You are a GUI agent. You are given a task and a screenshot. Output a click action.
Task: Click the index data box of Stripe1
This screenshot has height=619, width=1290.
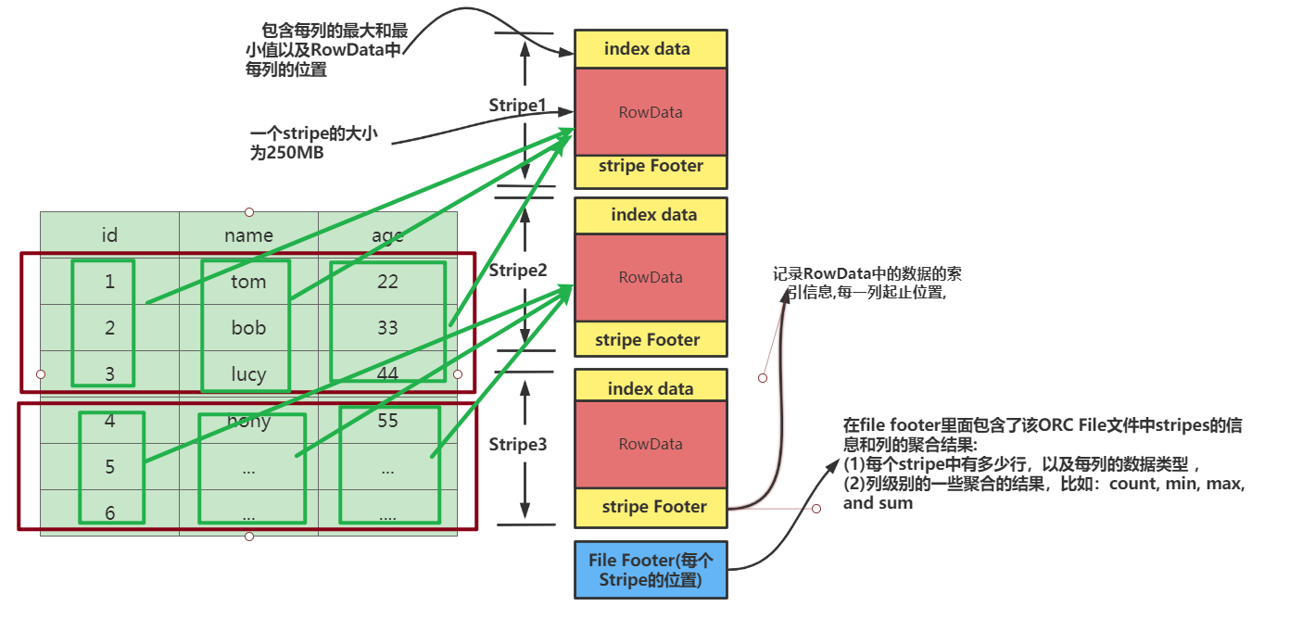tap(650, 49)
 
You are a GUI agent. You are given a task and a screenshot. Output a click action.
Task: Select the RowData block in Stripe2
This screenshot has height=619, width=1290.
tap(650, 277)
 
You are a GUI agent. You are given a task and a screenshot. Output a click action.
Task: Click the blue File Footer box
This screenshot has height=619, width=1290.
tap(650, 570)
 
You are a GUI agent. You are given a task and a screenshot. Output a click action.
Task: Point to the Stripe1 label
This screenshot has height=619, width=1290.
tap(517, 106)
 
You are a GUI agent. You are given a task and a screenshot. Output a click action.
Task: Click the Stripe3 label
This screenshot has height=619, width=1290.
tap(517, 445)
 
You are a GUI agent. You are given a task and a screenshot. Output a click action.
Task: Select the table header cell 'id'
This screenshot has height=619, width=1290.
tap(109, 235)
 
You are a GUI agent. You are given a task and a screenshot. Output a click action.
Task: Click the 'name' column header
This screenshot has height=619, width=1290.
tap(248, 235)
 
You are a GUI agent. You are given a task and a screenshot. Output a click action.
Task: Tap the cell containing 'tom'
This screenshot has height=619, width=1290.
tap(248, 282)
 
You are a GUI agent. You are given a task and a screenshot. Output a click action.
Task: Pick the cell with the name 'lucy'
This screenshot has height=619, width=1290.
tap(248, 374)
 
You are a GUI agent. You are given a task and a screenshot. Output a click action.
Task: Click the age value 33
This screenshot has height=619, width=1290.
tap(387, 328)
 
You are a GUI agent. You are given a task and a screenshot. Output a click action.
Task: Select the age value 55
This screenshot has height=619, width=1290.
tap(387, 421)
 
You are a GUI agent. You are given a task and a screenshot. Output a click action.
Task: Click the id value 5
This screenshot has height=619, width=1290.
tap(109, 467)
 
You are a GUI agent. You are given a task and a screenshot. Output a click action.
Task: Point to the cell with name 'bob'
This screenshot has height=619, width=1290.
tap(248, 328)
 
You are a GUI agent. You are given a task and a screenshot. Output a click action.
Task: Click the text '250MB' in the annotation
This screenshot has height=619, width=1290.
tap(296, 154)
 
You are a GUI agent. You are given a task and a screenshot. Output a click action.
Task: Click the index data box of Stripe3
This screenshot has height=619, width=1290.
tap(650, 388)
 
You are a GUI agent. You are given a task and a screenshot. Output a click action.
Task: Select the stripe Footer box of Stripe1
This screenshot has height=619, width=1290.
tap(650, 168)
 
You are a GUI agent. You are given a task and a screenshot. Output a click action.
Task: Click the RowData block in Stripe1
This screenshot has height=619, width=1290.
tap(650, 112)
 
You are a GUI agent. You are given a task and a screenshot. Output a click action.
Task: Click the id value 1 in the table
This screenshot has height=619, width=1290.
tap(109, 282)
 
